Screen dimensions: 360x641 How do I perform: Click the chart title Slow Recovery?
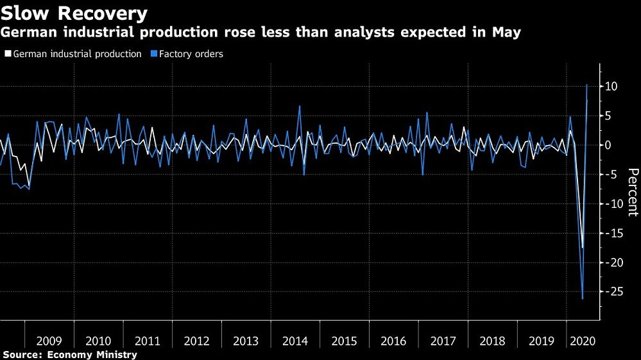click(74, 13)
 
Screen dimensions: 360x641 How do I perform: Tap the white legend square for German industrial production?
click(7, 55)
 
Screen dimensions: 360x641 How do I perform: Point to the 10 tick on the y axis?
click(610, 87)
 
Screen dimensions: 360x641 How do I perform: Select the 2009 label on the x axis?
click(49, 340)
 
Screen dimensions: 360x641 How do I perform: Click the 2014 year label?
click(295, 340)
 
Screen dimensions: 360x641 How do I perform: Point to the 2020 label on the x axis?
click(583, 340)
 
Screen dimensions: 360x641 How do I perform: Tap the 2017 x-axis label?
click(443, 340)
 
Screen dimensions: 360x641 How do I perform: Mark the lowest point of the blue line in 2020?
click(583, 299)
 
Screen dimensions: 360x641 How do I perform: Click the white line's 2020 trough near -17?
click(582, 248)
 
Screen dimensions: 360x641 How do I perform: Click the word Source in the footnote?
click(19, 354)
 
